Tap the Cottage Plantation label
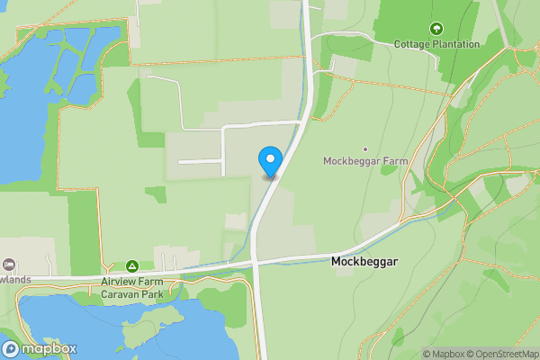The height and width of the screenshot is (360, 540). coord(436,43)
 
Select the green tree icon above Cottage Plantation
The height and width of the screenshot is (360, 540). coord(436,29)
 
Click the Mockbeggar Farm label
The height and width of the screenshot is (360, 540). coord(365,161)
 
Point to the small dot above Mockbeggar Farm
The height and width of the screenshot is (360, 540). coord(365,148)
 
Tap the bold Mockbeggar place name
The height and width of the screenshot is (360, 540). coord(364,262)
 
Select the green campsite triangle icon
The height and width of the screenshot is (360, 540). coord(132,266)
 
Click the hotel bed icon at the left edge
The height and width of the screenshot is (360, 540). coord(9,265)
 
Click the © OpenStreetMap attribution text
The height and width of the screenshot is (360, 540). coord(505,354)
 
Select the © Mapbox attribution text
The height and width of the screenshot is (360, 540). coord(445,354)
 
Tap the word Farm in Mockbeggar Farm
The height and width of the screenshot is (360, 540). coord(395,161)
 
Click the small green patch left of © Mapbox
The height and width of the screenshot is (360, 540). coord(397,337)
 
